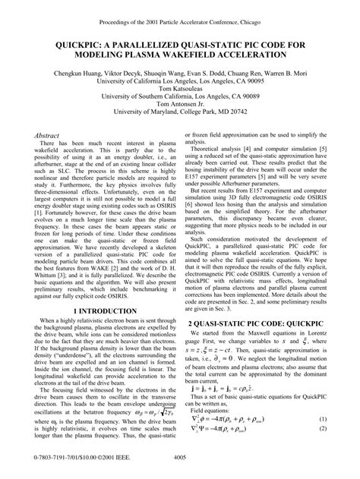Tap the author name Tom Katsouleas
180,96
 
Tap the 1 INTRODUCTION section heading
94,332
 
